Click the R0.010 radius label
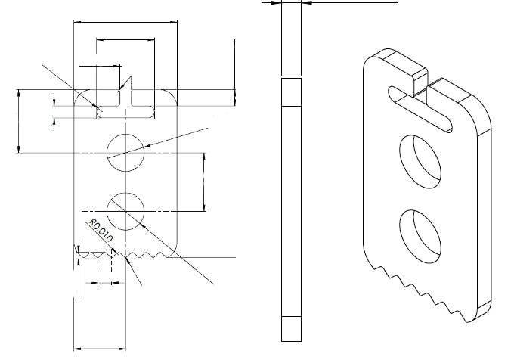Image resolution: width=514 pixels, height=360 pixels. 101,231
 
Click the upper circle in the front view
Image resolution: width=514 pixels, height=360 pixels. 125,151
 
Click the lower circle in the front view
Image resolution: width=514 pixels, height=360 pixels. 125,209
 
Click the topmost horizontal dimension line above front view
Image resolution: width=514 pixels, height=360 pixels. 125,23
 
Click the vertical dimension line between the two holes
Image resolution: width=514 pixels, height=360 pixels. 204,182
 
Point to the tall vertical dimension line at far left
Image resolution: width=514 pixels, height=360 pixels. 18,121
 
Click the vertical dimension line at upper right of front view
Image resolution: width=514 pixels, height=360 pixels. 235,72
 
